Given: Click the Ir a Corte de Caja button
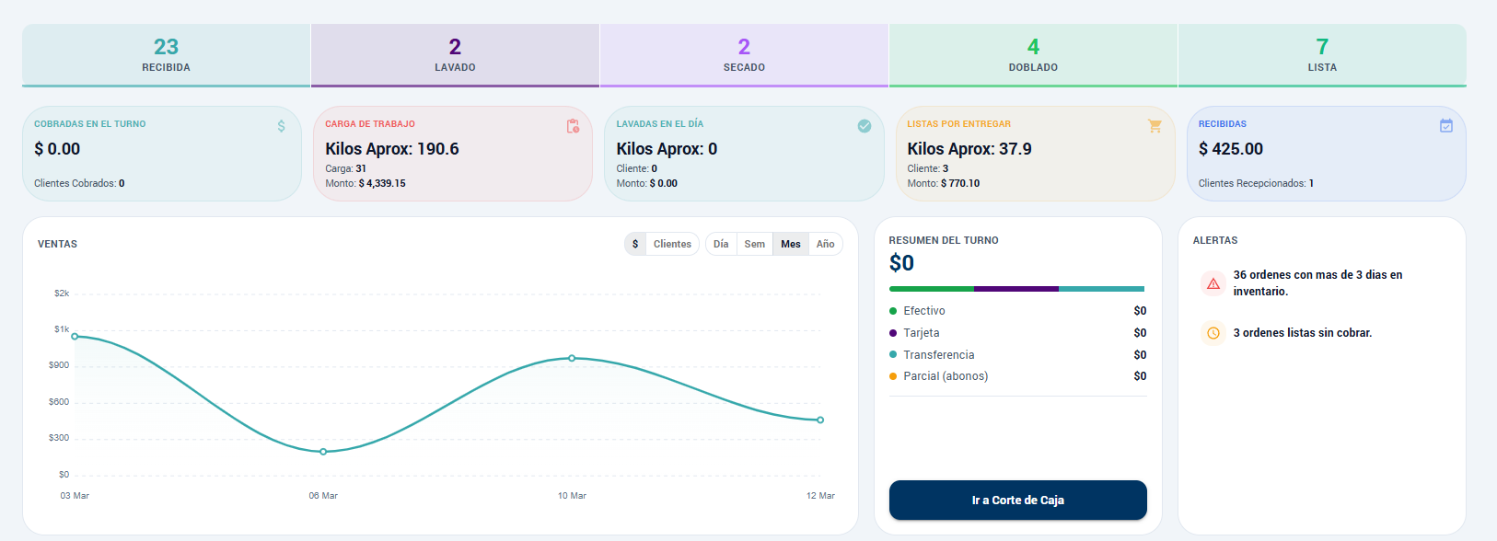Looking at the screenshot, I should [x=1017, y=500].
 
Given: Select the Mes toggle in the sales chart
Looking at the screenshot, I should [x=790, y=244].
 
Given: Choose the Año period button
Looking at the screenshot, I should [x=825, y=244].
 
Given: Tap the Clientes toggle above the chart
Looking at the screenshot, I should [x=672, y=244].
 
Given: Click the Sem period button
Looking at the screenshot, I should [x=754, y=244].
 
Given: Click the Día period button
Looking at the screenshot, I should [x=721, y=244].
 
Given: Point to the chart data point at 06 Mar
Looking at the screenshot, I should [x=323, y=452].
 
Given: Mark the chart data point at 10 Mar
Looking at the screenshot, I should [x=572, y=358].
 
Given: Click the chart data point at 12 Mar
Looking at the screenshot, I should [x=820, y=420].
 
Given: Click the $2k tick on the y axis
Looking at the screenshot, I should [x=62, y=294].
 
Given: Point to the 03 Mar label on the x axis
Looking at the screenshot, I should [x=75, y=496].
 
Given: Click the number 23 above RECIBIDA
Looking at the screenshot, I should [x=166, y=47].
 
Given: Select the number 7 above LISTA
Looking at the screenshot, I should [x=1322, y=47].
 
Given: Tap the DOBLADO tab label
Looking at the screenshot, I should [x=1033, y=67].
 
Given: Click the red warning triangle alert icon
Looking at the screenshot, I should [x=1213, y=283].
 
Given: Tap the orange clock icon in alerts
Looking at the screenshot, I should [x=1213, y=333].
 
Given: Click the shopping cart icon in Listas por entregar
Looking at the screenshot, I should [x=1155, y=126].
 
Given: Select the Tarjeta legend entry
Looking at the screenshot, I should [x=921, y=333].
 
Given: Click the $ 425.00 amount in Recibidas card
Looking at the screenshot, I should [x=1230, y=149].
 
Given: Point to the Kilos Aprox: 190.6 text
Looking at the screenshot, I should [x=391, y=149].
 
